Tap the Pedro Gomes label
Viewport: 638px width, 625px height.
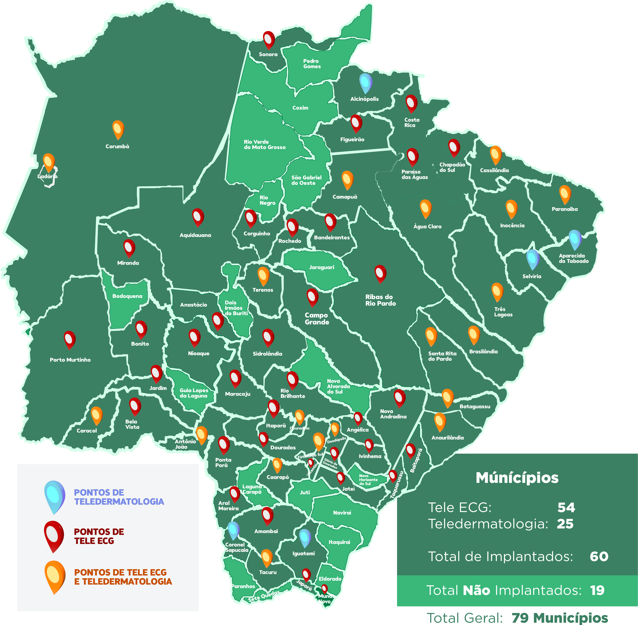click(x=312, y=64)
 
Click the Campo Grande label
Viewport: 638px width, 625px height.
click(x=317, y=318)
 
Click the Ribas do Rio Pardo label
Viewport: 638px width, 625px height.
click(x=380, y=300)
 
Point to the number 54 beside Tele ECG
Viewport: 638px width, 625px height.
click(x=566, y=507)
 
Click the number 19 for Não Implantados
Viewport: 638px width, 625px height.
click(x=597, y=590)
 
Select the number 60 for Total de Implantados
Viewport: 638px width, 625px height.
click(x=599, y=556)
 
